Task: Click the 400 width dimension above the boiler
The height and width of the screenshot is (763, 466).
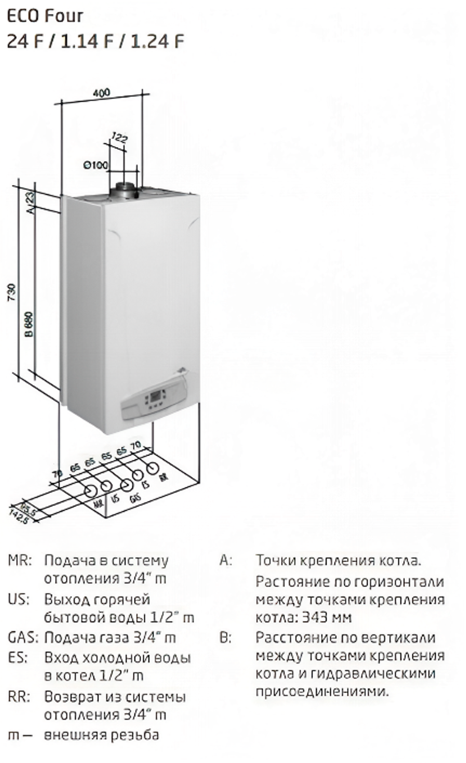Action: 101,92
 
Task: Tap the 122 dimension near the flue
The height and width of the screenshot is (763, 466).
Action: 119,138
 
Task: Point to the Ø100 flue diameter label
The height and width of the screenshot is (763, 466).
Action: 95,165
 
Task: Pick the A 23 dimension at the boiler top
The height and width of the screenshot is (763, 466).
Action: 30,202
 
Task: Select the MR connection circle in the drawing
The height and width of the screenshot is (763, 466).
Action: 90,491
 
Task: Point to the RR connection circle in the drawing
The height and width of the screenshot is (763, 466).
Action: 152,468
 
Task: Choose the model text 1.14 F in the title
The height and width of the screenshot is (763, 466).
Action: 87,42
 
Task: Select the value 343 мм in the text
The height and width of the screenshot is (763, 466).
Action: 327,617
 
